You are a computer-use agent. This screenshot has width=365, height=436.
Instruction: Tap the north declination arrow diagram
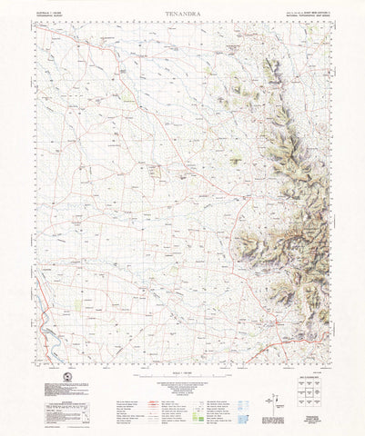tap(265, 397)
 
